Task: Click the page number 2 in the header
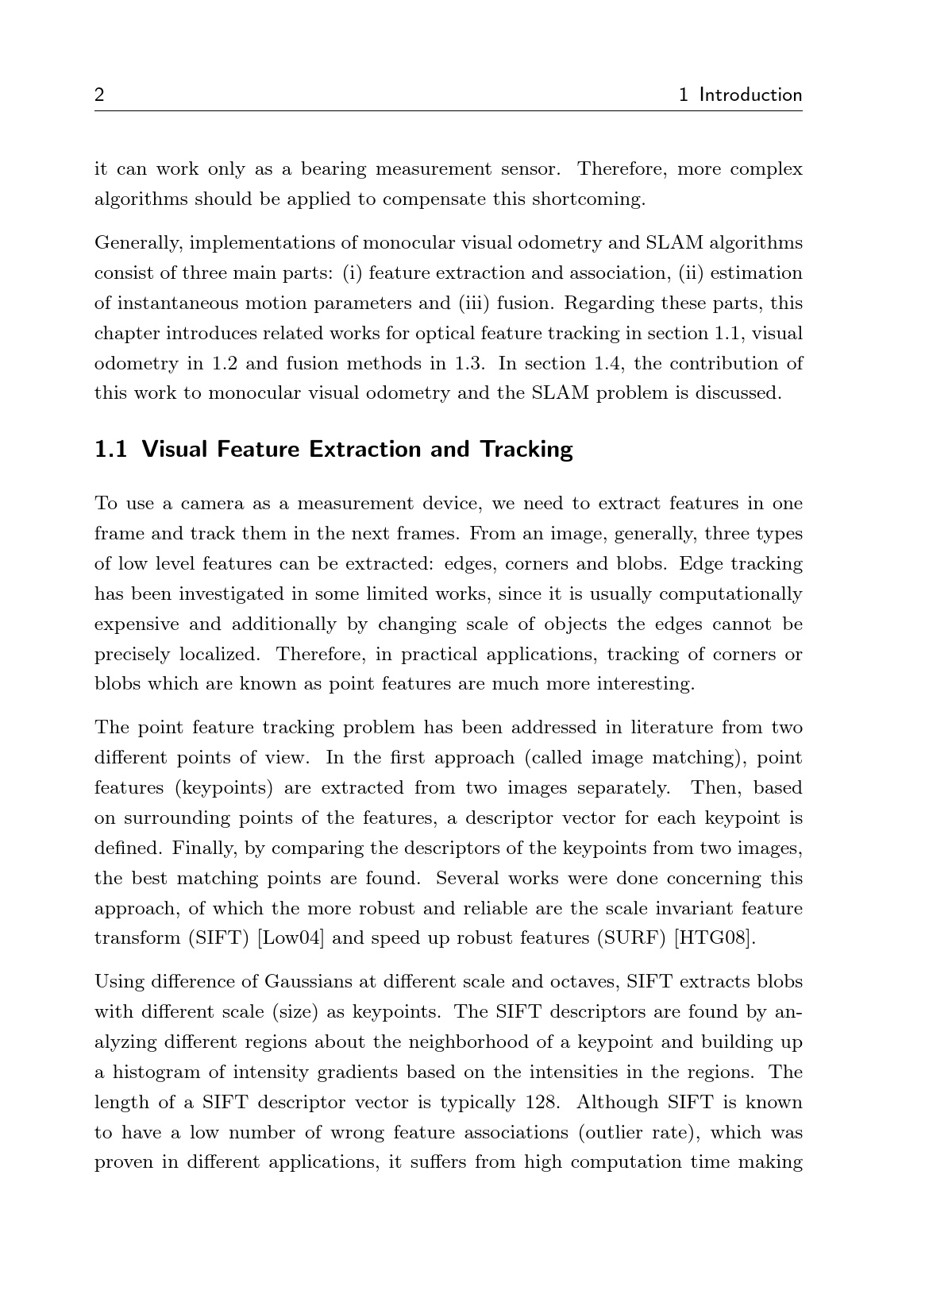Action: (x=99, y=95)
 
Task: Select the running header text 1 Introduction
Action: (x=741, y=95)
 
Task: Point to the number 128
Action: (x=542, y=1103)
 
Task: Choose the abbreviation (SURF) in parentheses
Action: (x=632, y=938)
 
